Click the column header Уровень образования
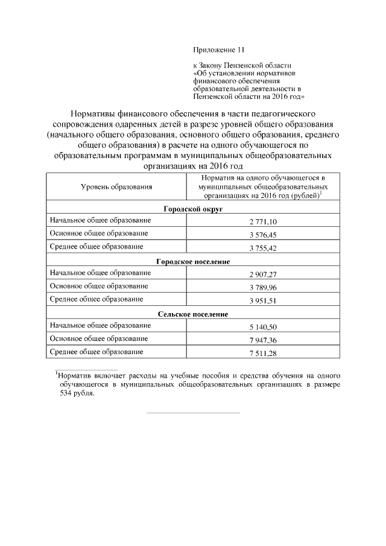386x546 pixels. pos(116,188)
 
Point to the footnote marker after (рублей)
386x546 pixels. pos(320,193)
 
